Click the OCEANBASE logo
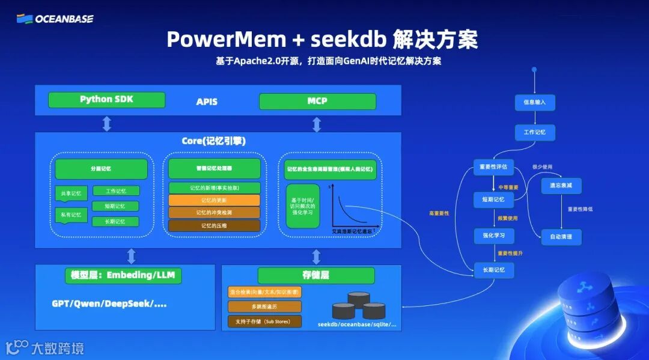(55, 19)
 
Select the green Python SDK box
(106, 100)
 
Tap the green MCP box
(317, 101)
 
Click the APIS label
(207, 102)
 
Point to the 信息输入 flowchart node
(534, 102)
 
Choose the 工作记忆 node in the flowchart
(534, 132)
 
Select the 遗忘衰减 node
(561, 186)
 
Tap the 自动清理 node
(561, 237)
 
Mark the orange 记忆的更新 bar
(214, 200)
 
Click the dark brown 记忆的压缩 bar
(214, 226)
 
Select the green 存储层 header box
(316, 275)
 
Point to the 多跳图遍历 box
(264, 307)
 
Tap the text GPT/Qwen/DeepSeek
(109, 304)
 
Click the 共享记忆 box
(71, 194)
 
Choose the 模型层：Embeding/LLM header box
(123, 275)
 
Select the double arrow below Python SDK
(106, 124)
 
